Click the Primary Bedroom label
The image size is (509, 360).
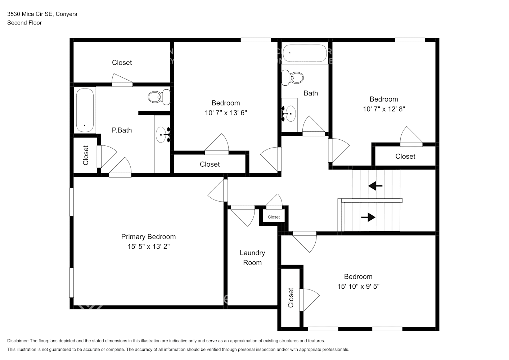(x=148, y=237)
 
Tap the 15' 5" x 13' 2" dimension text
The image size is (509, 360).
(x=148, y=247)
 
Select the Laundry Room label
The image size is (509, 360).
(x=252, y=258)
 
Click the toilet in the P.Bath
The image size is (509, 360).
(x=159, y=97)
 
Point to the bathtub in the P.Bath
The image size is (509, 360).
(x=85, y=110)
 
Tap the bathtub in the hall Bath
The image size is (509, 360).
(x=305, y=53)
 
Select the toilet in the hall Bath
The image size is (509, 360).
(x=292, y=78)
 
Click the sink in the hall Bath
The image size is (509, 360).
(x=290, y=114)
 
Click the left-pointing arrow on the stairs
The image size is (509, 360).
(x=375, y=186)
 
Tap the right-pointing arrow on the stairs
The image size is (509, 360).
(x=368, y=217)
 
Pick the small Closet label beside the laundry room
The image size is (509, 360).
(x=274, y=217)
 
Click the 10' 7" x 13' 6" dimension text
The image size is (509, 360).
(x=226, y=113)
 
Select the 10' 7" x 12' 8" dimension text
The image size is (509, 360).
(x=384, y=109)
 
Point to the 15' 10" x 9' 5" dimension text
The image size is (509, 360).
(x=358, y=287)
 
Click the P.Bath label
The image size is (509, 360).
(x=122, y=130)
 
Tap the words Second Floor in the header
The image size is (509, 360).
(x=24, y=23)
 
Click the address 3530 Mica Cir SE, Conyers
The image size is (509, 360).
(x=42, y=14)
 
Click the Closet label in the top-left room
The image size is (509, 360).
(x=122, y=63)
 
